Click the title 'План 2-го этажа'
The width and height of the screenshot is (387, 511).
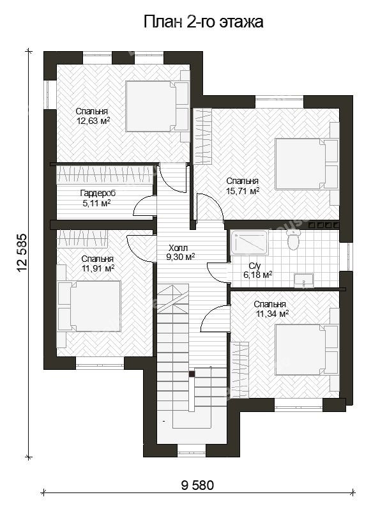point(203,22)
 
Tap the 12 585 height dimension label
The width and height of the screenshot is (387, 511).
point(22,253)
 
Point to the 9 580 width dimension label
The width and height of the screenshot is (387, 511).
point(197,485)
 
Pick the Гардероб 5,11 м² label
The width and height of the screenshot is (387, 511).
point(98,198)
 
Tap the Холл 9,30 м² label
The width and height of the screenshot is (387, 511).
point(181,253)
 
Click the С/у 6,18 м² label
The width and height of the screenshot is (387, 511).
point(257,270)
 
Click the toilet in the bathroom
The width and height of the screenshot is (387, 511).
point(294,239)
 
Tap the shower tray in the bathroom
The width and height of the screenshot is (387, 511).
point(249,243)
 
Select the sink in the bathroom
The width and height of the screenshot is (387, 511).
point(304,281)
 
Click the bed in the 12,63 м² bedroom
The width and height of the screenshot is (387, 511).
point(157,106)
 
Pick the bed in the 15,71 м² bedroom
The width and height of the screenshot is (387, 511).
point(306,164)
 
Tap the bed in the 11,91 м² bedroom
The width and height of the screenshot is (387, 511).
point(89,307)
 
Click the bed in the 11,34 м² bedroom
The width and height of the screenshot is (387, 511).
point(306,349)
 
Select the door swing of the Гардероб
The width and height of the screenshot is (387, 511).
point(144,205)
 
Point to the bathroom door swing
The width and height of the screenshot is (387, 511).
point(217,273)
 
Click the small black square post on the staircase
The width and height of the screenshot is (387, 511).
point(192,374)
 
